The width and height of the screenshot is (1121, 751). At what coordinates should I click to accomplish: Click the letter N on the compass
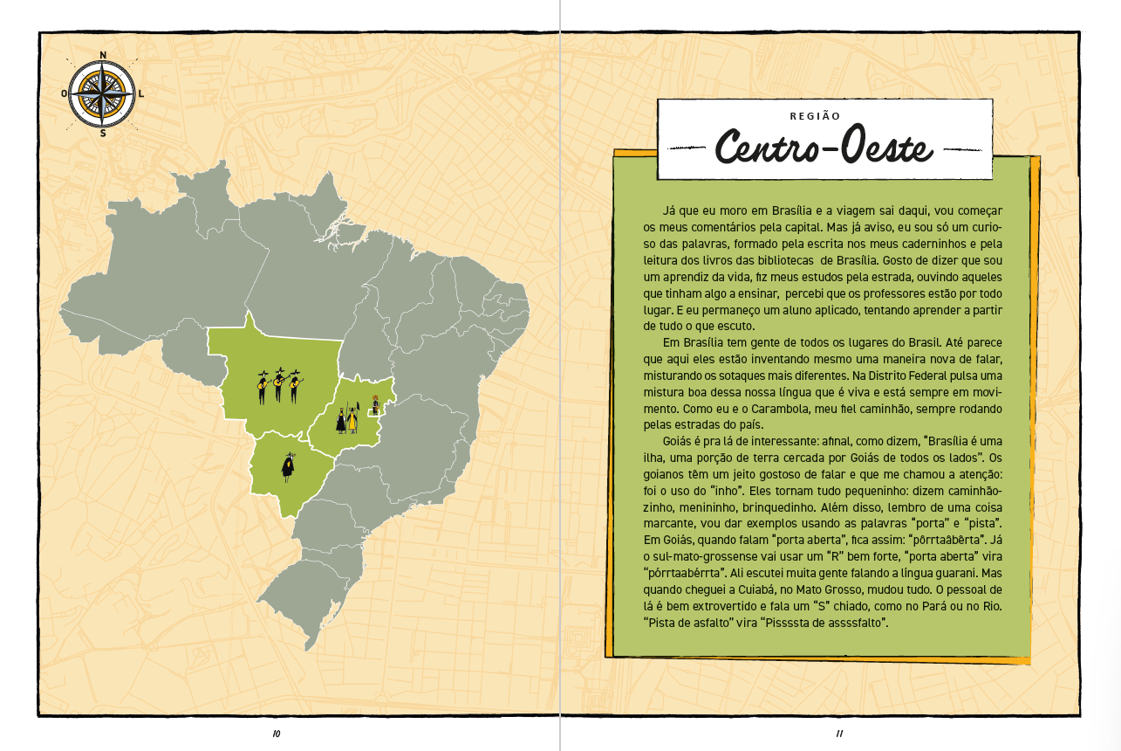pos(104,56)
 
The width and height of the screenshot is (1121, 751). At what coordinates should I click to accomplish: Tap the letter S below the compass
pos(103,134)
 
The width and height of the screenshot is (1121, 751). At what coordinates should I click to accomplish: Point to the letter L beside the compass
pos(141,93)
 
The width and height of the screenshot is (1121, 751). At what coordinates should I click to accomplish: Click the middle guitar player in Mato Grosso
pos(279,384)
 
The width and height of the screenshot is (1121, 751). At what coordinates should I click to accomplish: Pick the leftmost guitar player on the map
pos(263,386)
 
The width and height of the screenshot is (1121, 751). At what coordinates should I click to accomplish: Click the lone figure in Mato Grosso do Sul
pos(287,467)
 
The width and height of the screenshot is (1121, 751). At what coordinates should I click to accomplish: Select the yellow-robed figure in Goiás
pos(352,418)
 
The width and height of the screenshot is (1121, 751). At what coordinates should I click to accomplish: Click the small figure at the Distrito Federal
pos(375,403)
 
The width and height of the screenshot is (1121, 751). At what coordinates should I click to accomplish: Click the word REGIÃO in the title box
pos(814,115)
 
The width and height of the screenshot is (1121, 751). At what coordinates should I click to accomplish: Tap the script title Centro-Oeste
pos(824,148)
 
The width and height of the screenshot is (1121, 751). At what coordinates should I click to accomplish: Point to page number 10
pos(277,734)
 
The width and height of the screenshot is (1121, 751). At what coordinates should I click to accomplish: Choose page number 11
pos(839,734)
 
